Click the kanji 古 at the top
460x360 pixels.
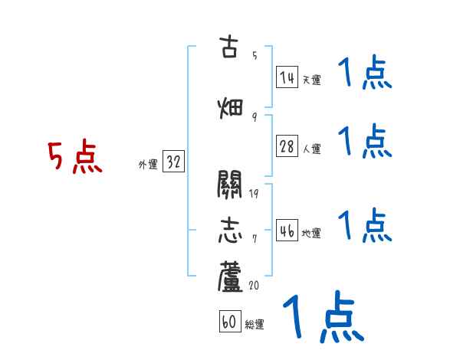click(x=230, y=47)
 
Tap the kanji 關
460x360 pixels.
click(x=230, y=184)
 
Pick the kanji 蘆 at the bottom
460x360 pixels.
click(x=230, y=277)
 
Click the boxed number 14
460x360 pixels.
click(x=287, y=77)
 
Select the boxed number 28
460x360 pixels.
click(x=287, y=147)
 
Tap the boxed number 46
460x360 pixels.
click(x=287, y=231)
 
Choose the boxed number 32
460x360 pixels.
click(x=173, y=162)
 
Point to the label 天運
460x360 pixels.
click(x=311, y=80)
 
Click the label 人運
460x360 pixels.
click(x=311, y=149)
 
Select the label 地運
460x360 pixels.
click(x=311, y=233)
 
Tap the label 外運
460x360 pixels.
click(x=148, y=165)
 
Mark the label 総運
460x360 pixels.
click(x=255, y=325)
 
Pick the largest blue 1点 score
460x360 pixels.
click(x=323, y=317)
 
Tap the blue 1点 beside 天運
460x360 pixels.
click(x=365, y=74)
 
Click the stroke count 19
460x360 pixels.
click(x=254, y=192)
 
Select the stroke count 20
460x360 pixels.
click(x=255, y=285)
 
